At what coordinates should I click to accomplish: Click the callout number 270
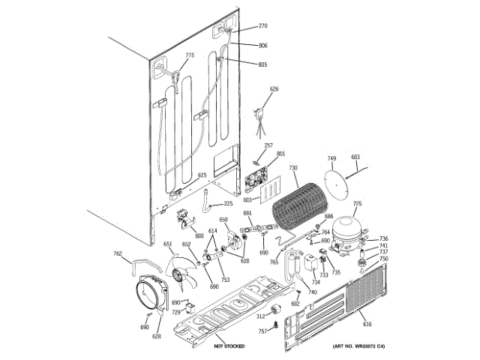tap(263, 26)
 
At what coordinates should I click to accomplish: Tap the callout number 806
tap(263, 46)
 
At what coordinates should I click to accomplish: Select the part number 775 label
tap(190, 55)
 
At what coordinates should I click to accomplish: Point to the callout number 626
tap(274, 89)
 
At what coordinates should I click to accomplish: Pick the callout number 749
tap(331, 158)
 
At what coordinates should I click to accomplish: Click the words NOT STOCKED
tap(229, 346)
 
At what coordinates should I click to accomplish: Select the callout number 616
tap(367, 323)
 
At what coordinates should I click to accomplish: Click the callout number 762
tap(118, 254)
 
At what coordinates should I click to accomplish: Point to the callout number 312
tap(261, 316)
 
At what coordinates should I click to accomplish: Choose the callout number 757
tap(262, 331)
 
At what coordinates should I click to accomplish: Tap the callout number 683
tap(355, 157)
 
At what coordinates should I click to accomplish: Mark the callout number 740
tap(312, 292)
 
